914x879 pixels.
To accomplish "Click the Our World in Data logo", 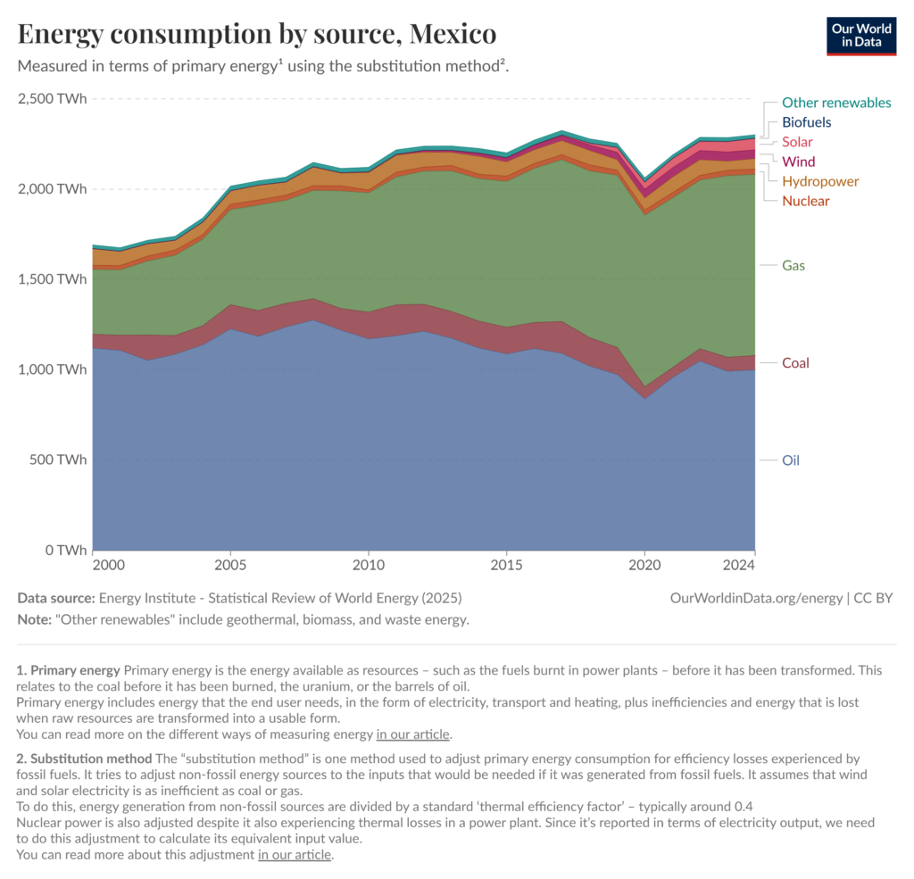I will pyautogui.click(x=860, y=35).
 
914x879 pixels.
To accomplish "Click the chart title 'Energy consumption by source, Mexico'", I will pyautogui.click(x=257, y=35).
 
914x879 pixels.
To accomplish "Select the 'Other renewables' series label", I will pyautogui.click(x=836, y=103).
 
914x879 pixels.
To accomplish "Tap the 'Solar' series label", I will pyautogui.click(x=797, y=142).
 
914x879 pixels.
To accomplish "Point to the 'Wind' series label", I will pyautogui.click(x=799, y=162).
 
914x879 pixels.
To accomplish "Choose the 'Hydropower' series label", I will pyautogui.click(x=820, y=181).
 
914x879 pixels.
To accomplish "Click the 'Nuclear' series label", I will pyautogui.click(x=805, y=201).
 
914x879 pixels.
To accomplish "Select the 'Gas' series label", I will pyautogui.click(x=794, y=265).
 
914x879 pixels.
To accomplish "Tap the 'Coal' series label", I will pyautogui.click(x=795, y=363).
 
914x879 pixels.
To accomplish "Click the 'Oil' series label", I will pyautogui.click(x=791, y=460).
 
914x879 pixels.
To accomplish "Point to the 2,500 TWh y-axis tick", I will pyautogui.click(x=53, y=98).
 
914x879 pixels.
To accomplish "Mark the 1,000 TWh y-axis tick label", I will pyautogui.click(x=53, y=369).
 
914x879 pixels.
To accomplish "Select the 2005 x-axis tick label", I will pyautogui.click(x=230, y=566).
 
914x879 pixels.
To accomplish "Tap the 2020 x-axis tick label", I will pyautogui.click(x=644, y=566).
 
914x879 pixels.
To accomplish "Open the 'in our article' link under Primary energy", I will pyautogui.click(x=413, y=735).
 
